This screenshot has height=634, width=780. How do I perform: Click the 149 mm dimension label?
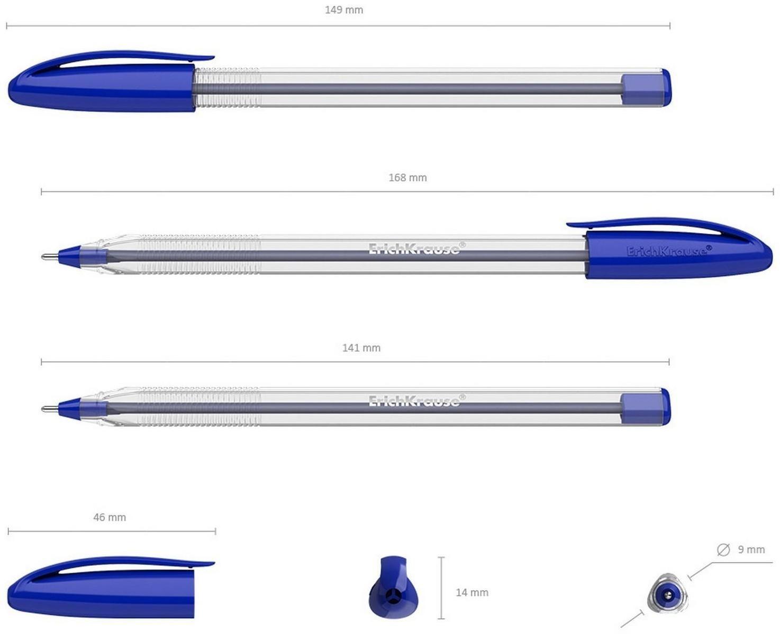(x=344, y=10)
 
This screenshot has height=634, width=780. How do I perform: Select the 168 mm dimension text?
(x=407, y=178)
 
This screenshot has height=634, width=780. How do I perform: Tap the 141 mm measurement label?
(x=361, y=348)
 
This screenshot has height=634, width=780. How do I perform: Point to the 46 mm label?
(x=110, y=517)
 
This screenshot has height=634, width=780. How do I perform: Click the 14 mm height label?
(x=472, y=593)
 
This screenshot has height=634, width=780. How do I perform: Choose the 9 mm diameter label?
(x=751, y=550)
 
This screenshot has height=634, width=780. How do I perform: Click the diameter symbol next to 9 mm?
(x=723, y=550)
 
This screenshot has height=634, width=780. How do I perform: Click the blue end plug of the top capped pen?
(x=646, y=88)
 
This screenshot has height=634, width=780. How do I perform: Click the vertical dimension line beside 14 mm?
(x=441, y=587)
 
